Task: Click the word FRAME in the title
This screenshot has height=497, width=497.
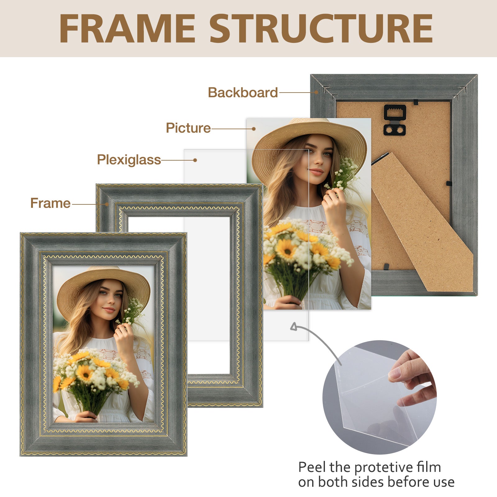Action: click(x=127, y=29)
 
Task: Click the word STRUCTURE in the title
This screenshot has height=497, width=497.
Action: click(x=321, y=29)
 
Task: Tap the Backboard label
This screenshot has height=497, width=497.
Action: click(x=243, y=93)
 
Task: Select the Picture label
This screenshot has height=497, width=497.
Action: click(x=188, y=128)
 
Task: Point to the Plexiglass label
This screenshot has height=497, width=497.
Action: click(x=129, y=160)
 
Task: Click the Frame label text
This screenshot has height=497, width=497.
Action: click(x=50, y=203)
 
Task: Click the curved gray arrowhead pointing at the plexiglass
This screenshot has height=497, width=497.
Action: click(x=294, y=327)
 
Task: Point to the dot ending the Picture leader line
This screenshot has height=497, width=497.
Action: click(x=254, y=129)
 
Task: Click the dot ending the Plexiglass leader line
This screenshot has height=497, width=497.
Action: click(x=195, y=160)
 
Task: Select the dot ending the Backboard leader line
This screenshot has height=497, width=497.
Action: click(x=316, y=92)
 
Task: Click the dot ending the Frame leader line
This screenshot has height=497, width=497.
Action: click(x=107, y=204)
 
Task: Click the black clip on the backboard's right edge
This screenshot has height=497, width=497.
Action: click(x=449, y=183)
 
